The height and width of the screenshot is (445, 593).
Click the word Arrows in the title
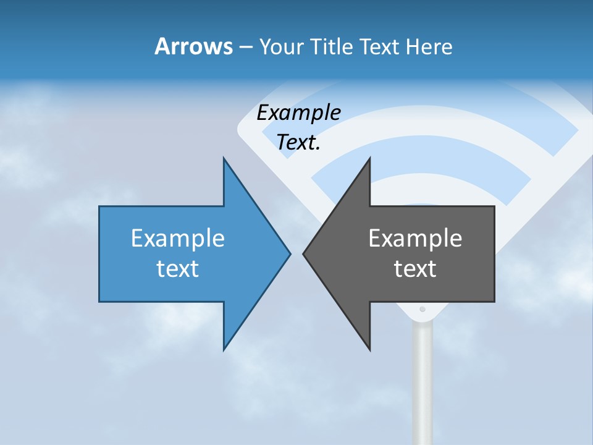pos(193,46)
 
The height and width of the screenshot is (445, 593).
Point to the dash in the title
pos(245,47)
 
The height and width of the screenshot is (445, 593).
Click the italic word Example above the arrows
pos(298,113)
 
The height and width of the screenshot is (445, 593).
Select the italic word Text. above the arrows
pos(298,142)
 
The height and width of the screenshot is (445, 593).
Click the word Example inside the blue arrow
pos(178,239)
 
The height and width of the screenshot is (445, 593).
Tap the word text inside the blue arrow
pos(178,268)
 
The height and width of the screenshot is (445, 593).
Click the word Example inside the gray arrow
pos(415,239)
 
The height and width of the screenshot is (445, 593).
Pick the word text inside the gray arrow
pos(415,268)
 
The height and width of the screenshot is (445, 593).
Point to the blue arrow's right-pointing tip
pos(288,253)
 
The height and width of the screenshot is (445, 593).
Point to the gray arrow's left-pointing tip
pos(305,253)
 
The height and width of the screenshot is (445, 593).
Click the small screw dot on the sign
pos(423,309)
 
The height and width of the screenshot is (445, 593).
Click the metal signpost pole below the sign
pos(423,383)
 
